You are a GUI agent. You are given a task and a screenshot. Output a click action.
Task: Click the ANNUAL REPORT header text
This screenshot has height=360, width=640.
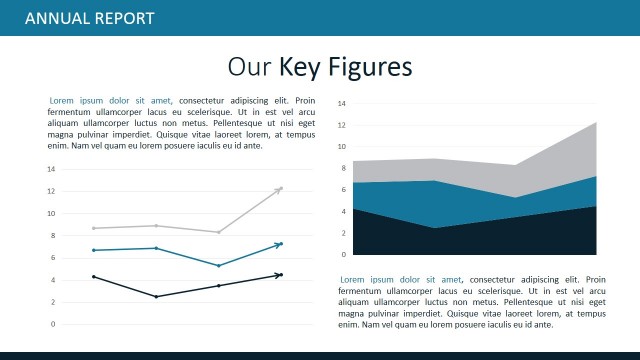(x=89, y=18)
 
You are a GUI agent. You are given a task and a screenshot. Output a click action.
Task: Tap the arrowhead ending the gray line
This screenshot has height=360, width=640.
(x=281, y=188)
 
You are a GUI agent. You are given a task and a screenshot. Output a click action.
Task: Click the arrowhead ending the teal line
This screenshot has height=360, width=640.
(x=281, y=244)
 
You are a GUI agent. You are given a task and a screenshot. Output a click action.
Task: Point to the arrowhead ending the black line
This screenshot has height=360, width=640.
(x=281, y=274)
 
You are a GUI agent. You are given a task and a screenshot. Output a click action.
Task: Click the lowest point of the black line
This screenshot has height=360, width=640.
(x=156, y=296)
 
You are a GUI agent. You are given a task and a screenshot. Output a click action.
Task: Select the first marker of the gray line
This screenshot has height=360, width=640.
(x=94, y=228)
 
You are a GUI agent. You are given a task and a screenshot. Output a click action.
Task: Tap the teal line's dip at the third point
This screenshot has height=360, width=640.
(x=218, y=266)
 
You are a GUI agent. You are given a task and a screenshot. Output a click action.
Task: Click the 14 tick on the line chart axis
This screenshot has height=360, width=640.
(x=51, y=169)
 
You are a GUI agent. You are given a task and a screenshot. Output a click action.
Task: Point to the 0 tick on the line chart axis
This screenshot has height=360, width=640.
(x=52, y=324)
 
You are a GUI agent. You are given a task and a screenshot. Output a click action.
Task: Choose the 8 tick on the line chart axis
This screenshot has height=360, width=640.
(x=52, y=236)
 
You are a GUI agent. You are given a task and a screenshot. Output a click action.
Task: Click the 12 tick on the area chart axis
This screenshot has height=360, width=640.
(x=342, y=125)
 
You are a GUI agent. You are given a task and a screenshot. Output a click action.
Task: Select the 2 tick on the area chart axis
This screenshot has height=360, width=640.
(x=344, y=233)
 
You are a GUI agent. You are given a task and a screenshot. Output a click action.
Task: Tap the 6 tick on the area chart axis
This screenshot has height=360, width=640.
(x=344, y=190)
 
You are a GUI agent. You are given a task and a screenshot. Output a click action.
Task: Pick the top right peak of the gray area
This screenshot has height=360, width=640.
(x=596, y=123)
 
